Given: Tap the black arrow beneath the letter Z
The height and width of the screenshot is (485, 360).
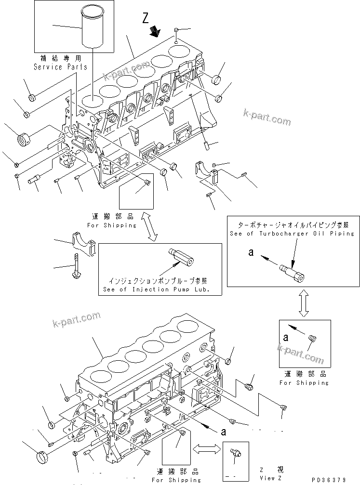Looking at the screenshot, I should point(155,32).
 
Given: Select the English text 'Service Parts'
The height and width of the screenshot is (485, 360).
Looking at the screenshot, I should point(60,67).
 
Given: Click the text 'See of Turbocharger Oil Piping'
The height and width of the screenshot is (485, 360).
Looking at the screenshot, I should point(293,234).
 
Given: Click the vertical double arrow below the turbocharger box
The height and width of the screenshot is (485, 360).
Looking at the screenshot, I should point(303,303).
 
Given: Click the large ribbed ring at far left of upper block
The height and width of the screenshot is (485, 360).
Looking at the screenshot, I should point(25,140).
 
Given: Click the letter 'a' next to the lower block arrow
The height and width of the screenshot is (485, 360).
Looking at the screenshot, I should point(223,432).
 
